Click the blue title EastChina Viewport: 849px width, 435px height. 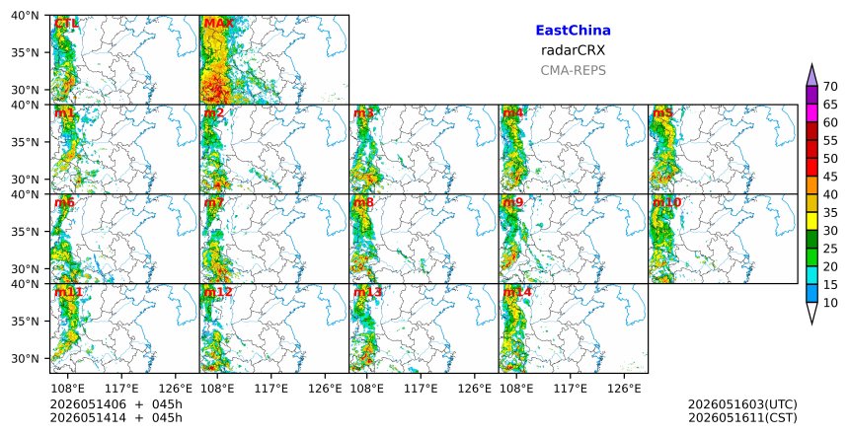(x=573, y=31)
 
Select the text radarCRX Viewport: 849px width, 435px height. (x=573, y=51)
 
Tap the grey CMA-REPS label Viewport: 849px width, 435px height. (x=573, y=70)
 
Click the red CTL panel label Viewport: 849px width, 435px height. (x=66, y=24)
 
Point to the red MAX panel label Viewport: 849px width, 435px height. (x=218, y=24)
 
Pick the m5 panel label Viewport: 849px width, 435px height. (x=662, y=113)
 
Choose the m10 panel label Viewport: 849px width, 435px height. (x=666, y=203)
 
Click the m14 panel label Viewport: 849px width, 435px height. (x=517, y=293)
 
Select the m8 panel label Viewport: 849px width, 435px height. (x=363, y=203)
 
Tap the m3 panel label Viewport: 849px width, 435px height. (x=363, y=113)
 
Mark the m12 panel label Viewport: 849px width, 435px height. (x=217, y=293)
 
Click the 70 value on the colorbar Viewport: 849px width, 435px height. (x=830, y=87)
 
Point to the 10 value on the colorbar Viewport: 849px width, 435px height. (x=830, y=303)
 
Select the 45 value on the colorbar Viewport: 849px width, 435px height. (x=830, y=177)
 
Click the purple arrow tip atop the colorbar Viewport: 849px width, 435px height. (x=811, y=65)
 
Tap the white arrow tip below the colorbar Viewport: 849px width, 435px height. (x=811, y=324)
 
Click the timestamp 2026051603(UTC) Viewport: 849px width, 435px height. (x=742, y=404)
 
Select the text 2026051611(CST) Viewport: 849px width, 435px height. (x=742, y=418)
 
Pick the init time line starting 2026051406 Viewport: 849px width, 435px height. (x=116, y=404)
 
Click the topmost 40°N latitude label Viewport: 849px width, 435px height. (x=25, y=16)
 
